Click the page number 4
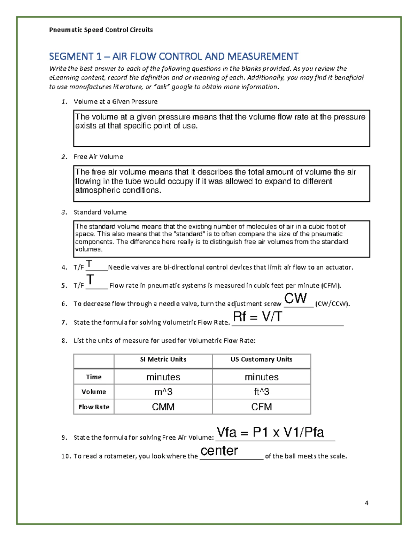(x=366, y=503)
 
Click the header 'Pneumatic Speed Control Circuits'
(x=101, y=30)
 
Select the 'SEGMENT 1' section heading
(x=173, y=56)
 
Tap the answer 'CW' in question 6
(x=296, y=299)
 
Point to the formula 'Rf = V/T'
(x=257, y=317)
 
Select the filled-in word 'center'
(x=219, y=451)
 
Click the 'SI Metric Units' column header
(x=163, y=360)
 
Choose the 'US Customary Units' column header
(x=261, y=360)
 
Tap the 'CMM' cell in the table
(x=163, y=407)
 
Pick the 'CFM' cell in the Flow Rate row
(x=261, y=407)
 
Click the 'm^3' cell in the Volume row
(x=163, y=392)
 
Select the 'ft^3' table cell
(x=261, y=392)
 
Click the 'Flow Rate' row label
(x=94, y=407)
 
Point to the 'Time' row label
(x=94, y=377)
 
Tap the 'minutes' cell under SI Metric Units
(x=163, y=377)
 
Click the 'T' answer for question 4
(x=89, y=263)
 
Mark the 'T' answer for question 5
(x=90, y=280)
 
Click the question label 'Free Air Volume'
(x=98, y=157)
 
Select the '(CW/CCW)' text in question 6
(x=332, y=304)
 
